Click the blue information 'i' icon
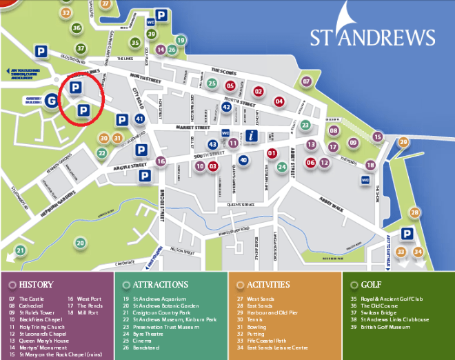(252, 135)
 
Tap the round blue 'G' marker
(51, 101)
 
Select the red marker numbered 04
(279, 101)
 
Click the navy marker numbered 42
(226, 107)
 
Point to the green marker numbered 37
(81, 48)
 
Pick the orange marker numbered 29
(403, 142)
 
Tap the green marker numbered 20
(81, 243)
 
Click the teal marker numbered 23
(305, 125)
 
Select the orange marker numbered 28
(414, 212)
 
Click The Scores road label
(223, 70)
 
